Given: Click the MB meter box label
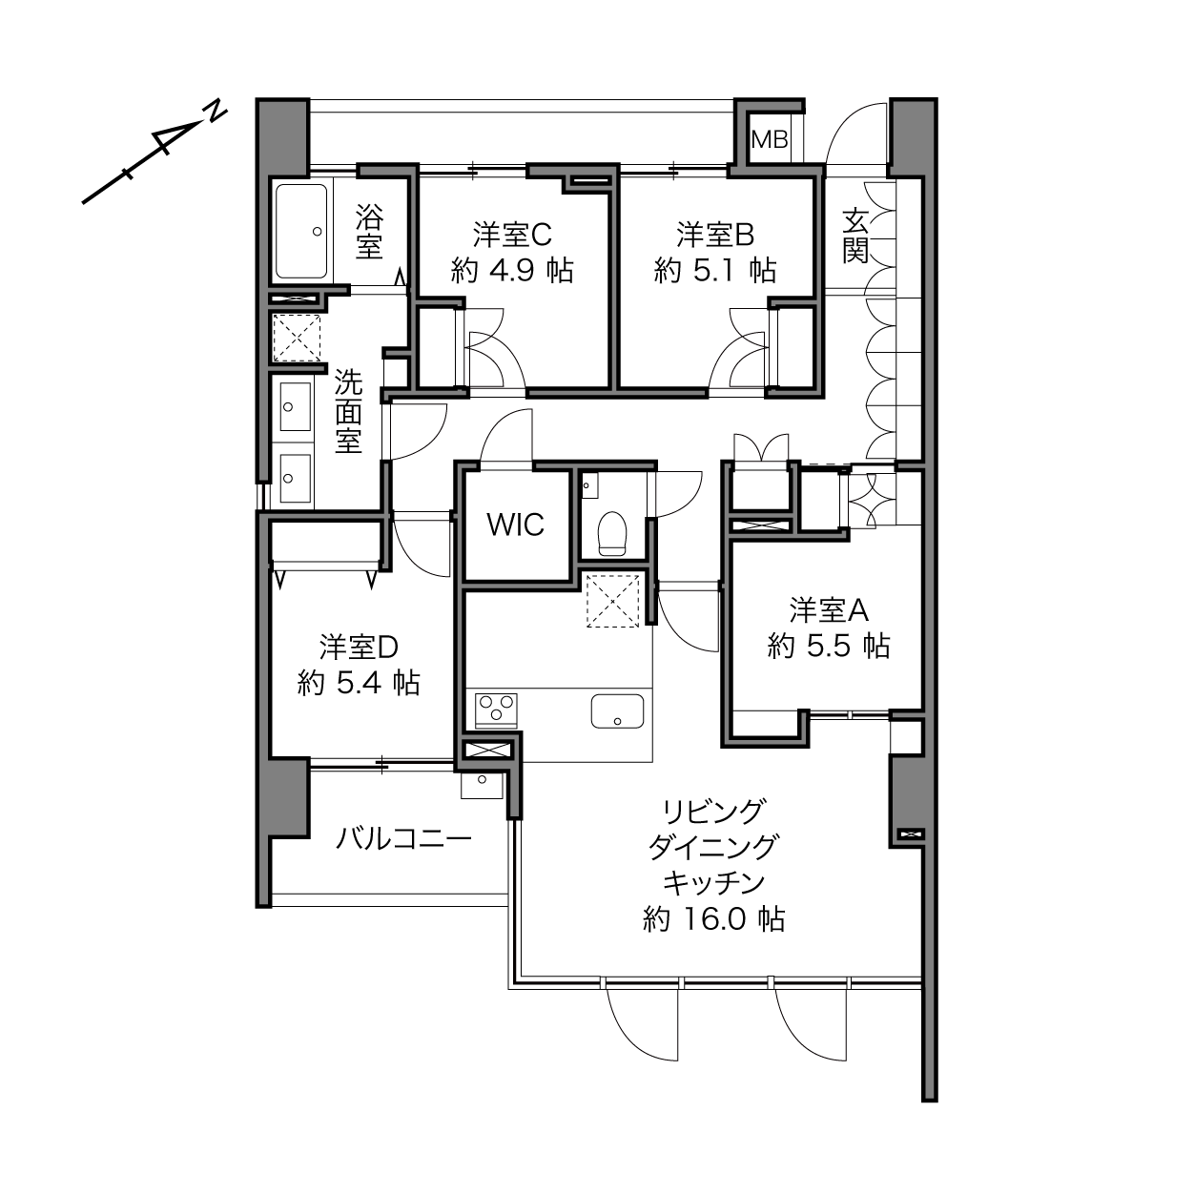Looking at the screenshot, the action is (x=770, y=140).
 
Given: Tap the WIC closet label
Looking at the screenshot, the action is (x=516, y=525).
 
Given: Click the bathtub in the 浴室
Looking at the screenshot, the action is (x=301, y=231).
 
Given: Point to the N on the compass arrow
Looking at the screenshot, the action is (x=215, y=112).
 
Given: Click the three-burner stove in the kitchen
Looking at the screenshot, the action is (x=496, y=710).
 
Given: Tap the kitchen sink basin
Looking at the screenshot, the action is (x=617, y=710).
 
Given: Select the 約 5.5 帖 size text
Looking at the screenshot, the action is (x=829, y=647).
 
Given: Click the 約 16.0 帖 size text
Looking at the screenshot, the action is (x=713, y=919).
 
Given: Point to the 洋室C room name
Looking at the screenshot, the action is (x=512, y=235).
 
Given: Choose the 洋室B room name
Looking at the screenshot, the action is (x=715, y=235).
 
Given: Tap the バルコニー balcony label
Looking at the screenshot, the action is (x=404, y=840).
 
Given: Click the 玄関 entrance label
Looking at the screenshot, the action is (x=855, y=237).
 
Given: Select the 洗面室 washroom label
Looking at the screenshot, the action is (x=349, y=411).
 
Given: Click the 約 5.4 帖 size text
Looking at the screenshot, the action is (x=359, y=684).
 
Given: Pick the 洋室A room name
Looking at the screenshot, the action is (x=829, y=611).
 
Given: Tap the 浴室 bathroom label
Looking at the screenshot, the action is (x=369, y=232).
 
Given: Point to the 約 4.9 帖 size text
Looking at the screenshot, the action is (x=512, y=271).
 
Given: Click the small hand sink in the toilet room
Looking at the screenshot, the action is (x=590, y=485).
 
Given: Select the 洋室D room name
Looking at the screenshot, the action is (x=359, y=648).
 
